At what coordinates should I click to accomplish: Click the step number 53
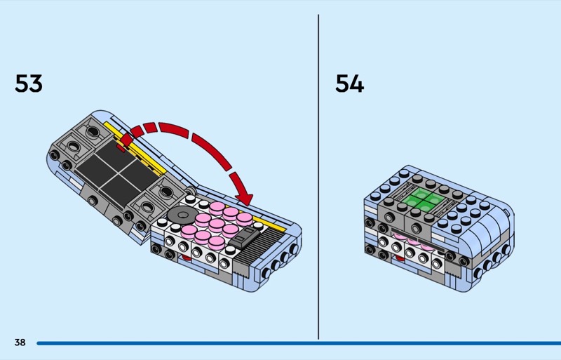click(29, 84)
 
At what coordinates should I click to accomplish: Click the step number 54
click(349, 84)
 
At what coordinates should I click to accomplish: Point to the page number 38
click(20, 342)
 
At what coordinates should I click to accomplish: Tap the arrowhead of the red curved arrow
click(243, 198)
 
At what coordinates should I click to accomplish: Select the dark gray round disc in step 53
click(182, 215)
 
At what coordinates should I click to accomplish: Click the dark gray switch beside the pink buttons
click(245, 236)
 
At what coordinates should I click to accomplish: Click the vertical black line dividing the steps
click(318, 177)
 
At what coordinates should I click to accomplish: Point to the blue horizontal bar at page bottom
click(299, 343)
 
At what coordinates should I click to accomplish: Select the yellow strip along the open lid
click(137, 149)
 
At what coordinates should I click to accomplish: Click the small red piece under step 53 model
click(186, 257)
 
